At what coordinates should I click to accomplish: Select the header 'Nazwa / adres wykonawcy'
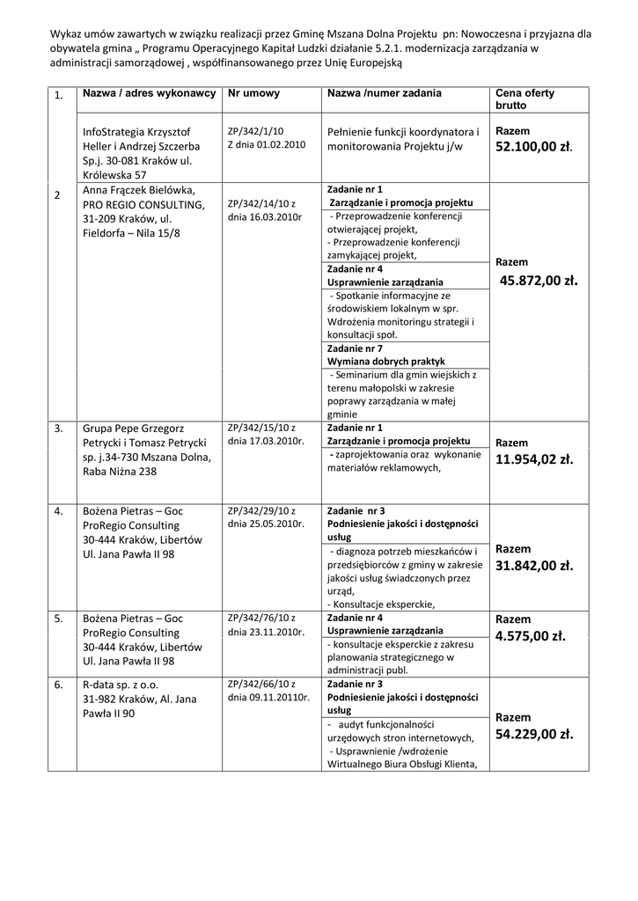point(149,92)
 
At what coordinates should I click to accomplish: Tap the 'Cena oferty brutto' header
point(525,99)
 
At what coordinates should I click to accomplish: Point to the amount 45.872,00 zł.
point(539,281)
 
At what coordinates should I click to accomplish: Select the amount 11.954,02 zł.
point(534,459)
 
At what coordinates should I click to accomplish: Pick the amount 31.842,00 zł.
point(534,566)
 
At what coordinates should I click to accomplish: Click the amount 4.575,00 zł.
point(531,635)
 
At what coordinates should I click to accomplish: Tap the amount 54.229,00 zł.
point(534,734)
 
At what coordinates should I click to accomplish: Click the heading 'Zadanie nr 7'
point(355,348)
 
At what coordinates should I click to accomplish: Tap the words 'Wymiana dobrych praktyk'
point(386,362)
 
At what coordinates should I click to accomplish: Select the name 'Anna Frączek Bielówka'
point(139,189)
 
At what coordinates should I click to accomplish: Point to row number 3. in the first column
point(59,429)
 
